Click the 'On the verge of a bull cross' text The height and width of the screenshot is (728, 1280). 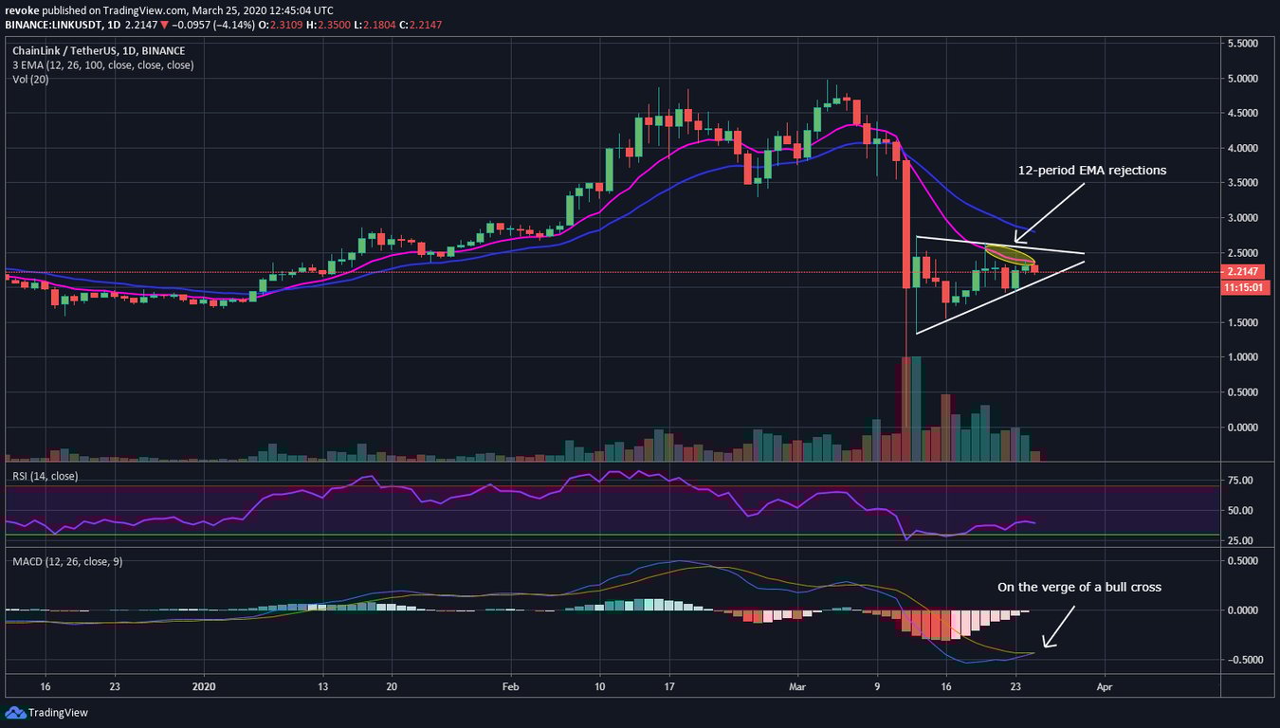(x=1079, y=587)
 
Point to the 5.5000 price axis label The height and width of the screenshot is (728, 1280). (x=1245, y=44)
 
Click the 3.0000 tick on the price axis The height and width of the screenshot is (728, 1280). (x=1245, y=218)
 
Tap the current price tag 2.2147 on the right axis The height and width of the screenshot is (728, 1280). (x=1245, y=272)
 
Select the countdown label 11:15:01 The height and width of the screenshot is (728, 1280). (x=1245, y=286)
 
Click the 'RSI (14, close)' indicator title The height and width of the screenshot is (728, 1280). (x=46, y=476)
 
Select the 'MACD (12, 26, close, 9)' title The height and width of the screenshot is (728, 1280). (x=67, y=561)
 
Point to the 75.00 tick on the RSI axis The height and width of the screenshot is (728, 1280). (x=1243, y=481)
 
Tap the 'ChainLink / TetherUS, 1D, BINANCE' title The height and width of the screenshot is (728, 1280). (x=98, y=50)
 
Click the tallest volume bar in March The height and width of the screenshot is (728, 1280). (x=906, y=408)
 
